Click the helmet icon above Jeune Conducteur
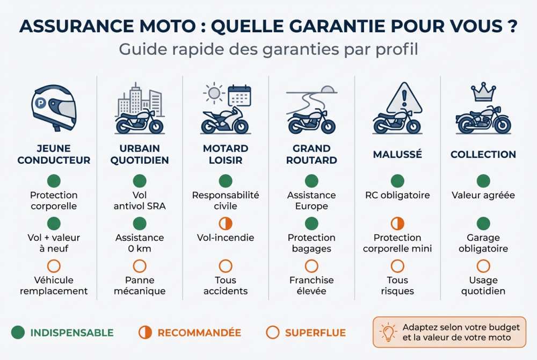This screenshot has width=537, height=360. (x=54, y=107)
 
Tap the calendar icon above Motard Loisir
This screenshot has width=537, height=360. (x=239, y=95)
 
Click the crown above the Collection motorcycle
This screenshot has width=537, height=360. (x=483, y=92)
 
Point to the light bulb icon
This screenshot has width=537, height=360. (x=388, y=333)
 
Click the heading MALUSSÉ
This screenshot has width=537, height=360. (x=397, y=154)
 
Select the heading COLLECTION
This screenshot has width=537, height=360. (x=483, y=154)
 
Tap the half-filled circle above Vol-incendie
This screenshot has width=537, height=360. (x=226, y=224)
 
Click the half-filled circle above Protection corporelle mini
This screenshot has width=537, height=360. (x=397, y=224)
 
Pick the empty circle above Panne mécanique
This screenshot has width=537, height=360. (x=140, y=266)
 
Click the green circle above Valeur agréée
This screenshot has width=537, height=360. (x=483, y=181)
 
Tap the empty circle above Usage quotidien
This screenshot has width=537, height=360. (x=483, y=266)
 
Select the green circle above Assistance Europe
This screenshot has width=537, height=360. (x=311, y=181)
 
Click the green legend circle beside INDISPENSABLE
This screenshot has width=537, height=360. (x=18, y=333)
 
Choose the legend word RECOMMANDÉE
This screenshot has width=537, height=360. (x=199, y=333)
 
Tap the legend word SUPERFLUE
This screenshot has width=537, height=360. (x=315, y=333)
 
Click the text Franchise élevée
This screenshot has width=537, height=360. (x=311, y=285)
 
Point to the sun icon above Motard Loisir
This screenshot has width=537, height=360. (x=214, y=93)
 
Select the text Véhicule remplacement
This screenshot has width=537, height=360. (x=54, y=285)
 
